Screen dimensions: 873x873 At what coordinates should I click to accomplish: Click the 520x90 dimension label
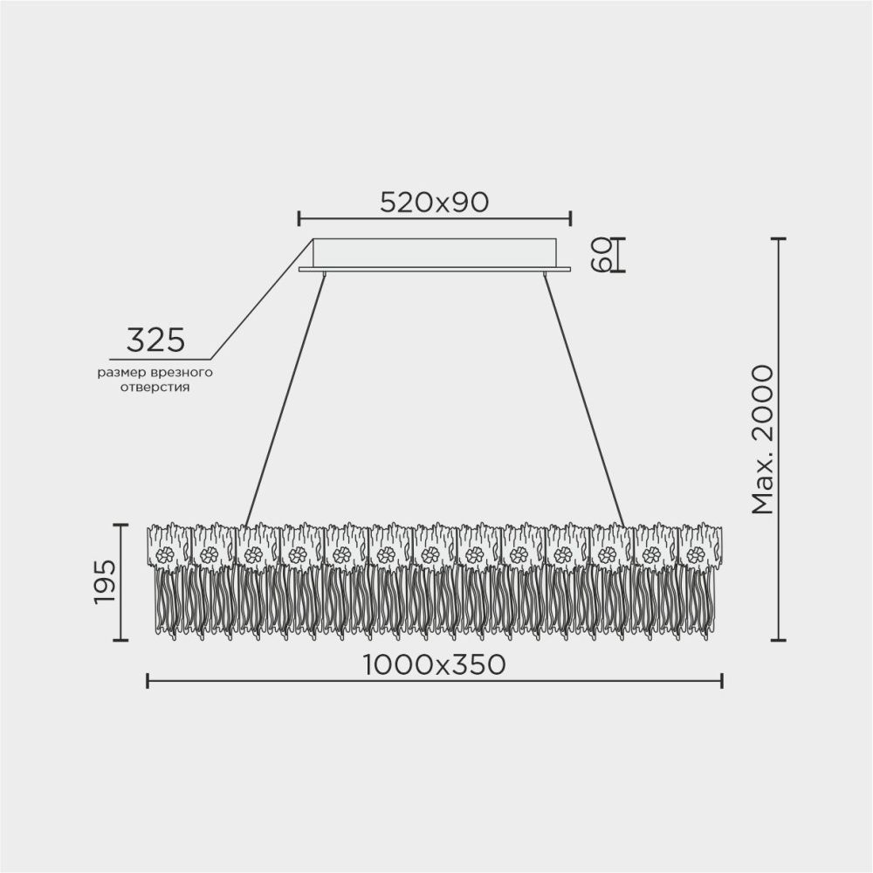coord(434,203)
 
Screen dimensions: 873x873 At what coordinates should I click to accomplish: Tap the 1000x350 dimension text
coord(434,665)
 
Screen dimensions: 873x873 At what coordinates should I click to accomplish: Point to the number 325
coord(155,340)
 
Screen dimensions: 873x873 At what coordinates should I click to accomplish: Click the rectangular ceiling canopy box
coord(434,252)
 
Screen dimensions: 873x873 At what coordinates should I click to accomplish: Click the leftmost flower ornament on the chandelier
coord(166,553)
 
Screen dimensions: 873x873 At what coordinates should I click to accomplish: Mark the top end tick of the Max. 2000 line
coord(778,238)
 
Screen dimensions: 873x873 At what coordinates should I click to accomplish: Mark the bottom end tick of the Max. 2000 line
coord(778,639)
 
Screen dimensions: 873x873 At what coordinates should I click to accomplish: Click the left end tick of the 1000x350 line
coord(147,681)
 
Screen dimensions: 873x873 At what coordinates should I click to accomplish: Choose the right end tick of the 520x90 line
coord(571,218)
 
